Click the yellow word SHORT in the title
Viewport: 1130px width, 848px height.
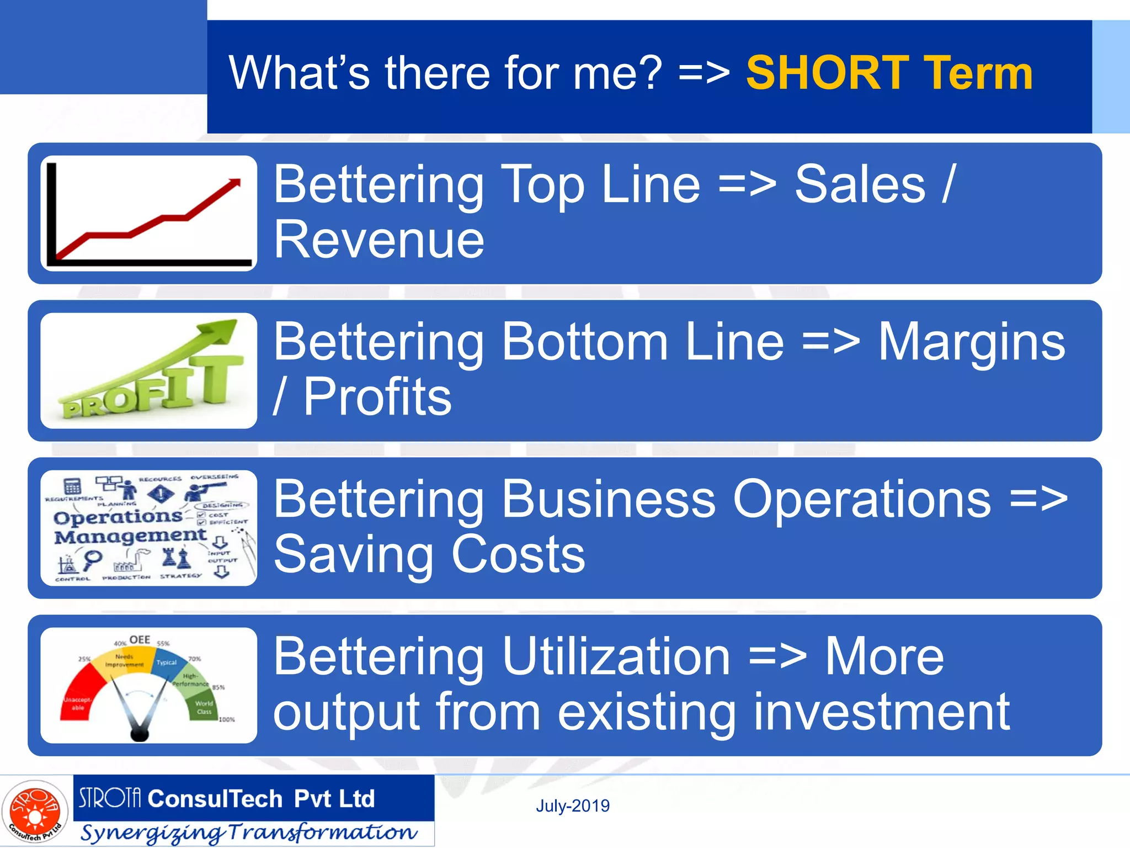(x=827, y=73)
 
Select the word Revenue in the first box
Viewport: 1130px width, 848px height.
(x=379, y=240)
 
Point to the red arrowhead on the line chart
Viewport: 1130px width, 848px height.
(x=235, y=183)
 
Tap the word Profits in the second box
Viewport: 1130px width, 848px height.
(x=377, y=397)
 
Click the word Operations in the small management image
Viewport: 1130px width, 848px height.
(x=118, y=517)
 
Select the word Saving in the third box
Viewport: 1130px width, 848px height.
(x=353, y=555)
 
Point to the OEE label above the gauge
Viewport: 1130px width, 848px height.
(x=140, y=639)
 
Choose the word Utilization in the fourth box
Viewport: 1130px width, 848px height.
(x=502, y=657)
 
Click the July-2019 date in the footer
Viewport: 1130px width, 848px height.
(x=573, y=806)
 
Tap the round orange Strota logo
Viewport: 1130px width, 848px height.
(x=35, y=812)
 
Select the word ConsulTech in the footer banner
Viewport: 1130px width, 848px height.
(x=215, y=799)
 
